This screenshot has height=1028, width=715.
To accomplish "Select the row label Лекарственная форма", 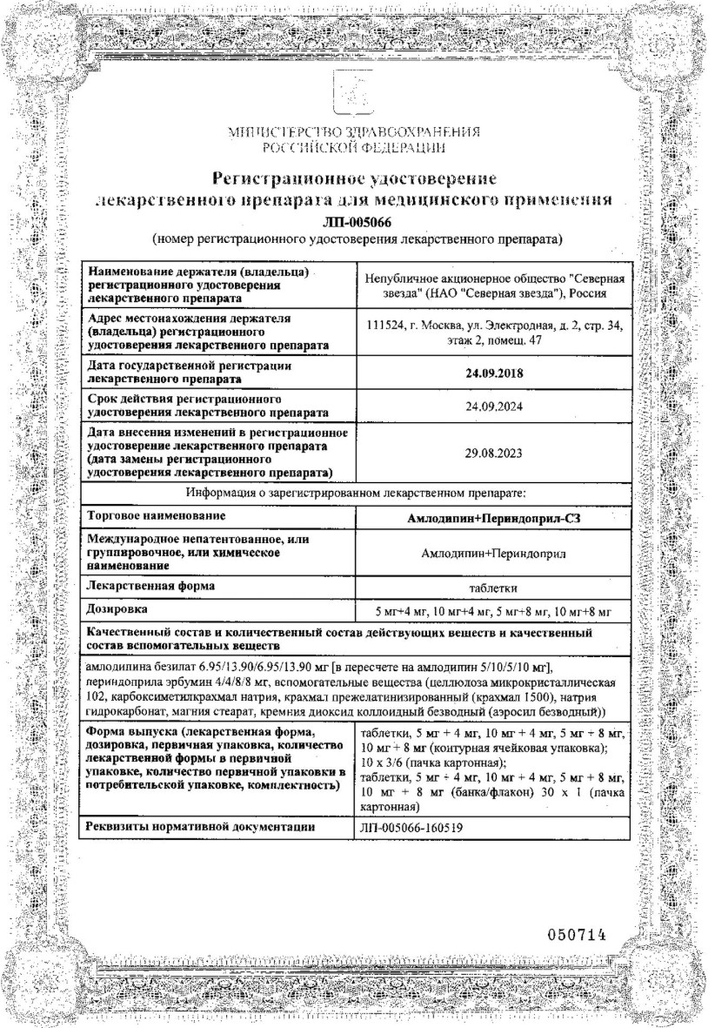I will click(x=146, y=588).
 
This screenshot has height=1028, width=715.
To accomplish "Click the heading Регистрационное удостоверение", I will click(x=356, y=179).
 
